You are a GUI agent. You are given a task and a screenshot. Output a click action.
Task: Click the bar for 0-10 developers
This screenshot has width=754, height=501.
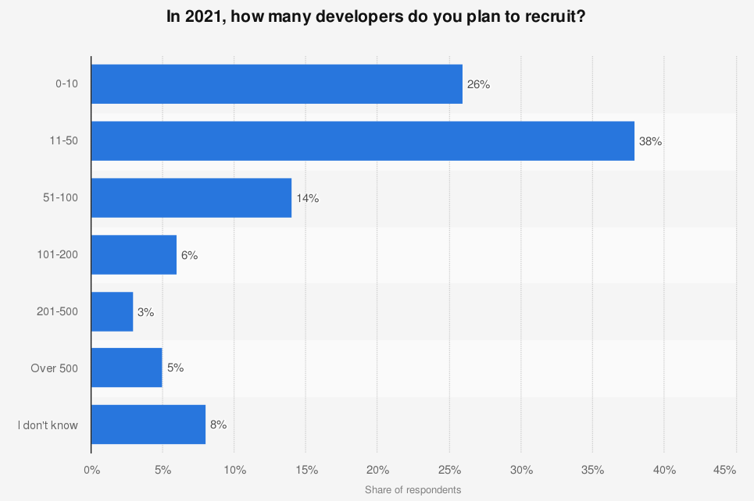(277, 84)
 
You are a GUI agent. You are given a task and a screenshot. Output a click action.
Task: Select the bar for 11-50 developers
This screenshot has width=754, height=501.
(363, 141)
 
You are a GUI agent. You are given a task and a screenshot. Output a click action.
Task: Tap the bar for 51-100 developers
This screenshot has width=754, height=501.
(191, 198)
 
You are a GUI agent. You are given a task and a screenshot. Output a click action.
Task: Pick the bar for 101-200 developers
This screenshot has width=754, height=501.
(134, 254)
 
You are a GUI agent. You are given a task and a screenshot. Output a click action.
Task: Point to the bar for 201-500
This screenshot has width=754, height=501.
(113, 311)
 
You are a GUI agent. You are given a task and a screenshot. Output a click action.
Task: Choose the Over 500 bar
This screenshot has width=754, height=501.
(127, 368)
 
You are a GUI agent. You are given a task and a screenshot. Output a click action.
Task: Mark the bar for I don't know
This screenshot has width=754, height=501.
(148, 425)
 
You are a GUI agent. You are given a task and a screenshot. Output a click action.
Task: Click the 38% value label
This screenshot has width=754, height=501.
(651, 141)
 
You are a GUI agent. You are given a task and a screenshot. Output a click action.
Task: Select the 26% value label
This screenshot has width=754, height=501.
(478, 84)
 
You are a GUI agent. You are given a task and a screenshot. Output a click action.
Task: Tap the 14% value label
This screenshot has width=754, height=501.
(307, 198)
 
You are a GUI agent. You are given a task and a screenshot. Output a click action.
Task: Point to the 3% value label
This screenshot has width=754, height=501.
(146, 311)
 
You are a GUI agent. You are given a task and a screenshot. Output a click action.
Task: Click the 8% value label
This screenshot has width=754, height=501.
(218, 425)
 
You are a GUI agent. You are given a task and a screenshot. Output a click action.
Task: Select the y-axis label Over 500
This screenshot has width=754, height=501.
(55, 368)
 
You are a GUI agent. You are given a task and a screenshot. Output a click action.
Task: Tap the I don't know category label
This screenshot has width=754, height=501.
(48, 425)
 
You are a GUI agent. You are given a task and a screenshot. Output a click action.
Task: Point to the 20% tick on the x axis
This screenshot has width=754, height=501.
(377, 470)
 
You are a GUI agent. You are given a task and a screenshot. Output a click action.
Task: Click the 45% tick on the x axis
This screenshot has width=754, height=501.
(725, 470)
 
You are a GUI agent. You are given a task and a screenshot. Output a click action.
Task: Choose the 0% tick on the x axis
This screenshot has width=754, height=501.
(91, 470)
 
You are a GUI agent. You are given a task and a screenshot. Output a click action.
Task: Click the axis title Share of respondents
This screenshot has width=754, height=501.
(413, 490)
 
